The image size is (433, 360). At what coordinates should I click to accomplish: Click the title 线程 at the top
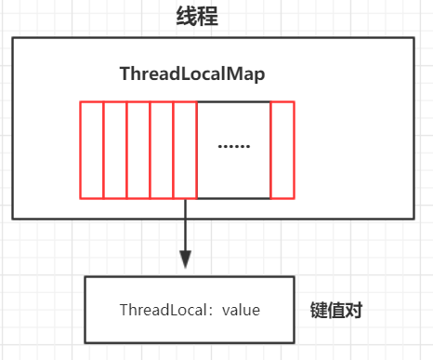pos(196,16)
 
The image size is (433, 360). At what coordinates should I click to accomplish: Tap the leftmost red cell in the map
pos(91,149)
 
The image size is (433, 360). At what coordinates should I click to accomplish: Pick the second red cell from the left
pos(114,149)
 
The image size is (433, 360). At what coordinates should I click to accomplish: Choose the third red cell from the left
pos(138,149)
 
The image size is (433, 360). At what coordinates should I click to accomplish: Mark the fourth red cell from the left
pos(162,149)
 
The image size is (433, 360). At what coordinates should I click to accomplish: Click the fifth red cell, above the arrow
pos(185,149)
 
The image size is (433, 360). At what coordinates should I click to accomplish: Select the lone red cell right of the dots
pos(282,149)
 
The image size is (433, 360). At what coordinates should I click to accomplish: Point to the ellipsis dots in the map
pos(232,146)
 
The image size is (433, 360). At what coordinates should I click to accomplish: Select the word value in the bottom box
pos(241,310)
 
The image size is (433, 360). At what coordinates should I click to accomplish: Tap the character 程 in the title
pos(207,16)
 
